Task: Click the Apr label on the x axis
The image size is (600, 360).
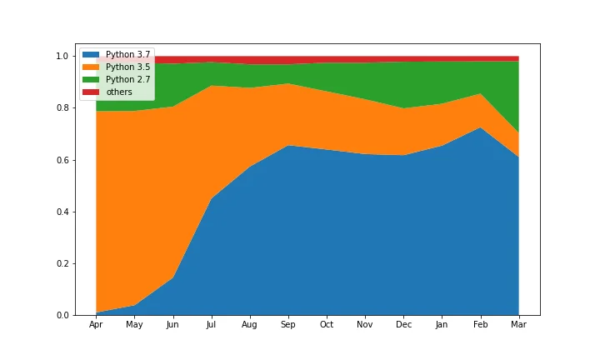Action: [96, 325]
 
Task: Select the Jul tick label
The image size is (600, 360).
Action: [211, 324]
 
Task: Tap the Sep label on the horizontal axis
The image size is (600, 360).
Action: [287, 325]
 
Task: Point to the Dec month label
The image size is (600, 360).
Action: [403, 324]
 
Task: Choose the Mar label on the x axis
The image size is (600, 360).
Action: [518, 324]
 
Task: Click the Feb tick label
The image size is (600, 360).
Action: [480, 324]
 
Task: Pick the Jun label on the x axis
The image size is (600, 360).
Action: [172, 324]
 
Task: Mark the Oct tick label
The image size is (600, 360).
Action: [327, 324]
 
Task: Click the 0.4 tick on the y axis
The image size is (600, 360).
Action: [62, 212]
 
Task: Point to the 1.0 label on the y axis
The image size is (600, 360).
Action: [62, 56]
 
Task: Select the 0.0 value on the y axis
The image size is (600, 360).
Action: [62, 316]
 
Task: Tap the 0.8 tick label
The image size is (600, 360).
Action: [62, 107]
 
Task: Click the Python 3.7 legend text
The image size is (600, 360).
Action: [127, 55]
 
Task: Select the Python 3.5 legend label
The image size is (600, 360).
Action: [127, 67]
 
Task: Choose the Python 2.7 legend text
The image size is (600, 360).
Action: [127, 79]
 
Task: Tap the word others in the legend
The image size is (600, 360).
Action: [119, 92]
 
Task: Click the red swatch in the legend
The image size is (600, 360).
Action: [91, 92]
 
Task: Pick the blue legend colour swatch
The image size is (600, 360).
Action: [91, 55]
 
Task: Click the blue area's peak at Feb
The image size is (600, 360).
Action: [480, 127]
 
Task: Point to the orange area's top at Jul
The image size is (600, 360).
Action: [211, 86]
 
